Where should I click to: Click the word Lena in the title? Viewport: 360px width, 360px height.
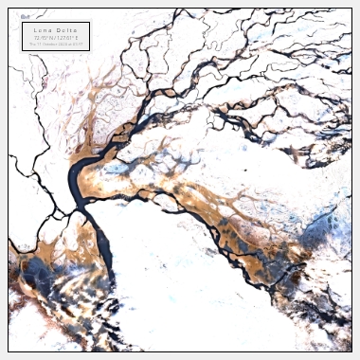[x=43, y=30]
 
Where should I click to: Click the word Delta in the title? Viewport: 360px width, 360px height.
[x=65, y=30]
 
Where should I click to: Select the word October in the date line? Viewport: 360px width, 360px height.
[x=51, y=44]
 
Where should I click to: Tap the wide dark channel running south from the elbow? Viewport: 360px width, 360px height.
[x=98, y=242]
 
